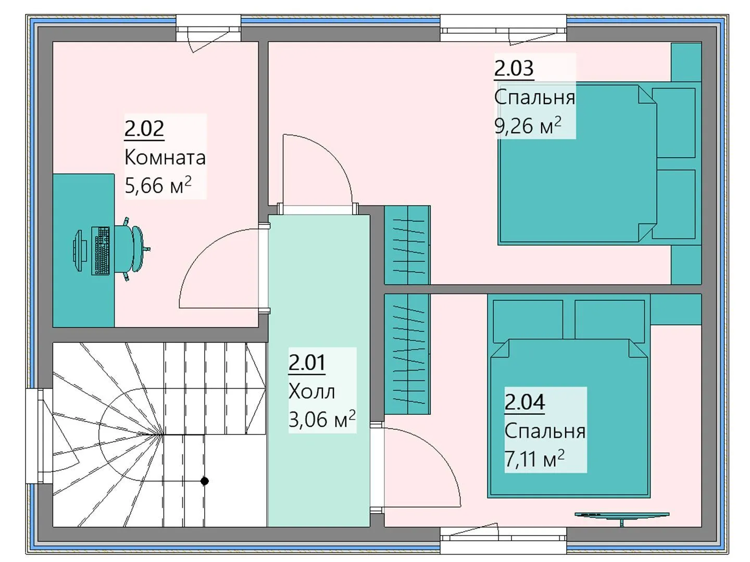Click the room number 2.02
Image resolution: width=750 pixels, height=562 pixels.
pyautogui.click(x=144, y=129)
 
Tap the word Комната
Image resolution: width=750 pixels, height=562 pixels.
pyautogui.click(x=165, y=157)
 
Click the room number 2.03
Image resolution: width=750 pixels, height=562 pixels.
pyautogui.click(x=514, y=68)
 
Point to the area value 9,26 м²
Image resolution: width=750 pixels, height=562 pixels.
pyautogui.click(x=528, y=125)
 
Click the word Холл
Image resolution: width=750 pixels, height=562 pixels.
pyautogui.click(x=311, y=391)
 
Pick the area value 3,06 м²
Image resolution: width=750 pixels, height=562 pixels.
pyautogui.click(x=322, y=419)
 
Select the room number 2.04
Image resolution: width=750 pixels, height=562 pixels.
pyautogui.click(x=524, y=402)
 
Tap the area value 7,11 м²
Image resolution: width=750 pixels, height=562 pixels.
pyautogui.click(x=534, y=458)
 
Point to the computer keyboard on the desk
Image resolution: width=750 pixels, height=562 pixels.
pyautogui.click(x=101, y=250)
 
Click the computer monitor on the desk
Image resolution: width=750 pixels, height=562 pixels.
pyautogui.click(x=78, y=251)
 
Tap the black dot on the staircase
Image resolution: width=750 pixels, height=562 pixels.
pyautogui.click(x=205, y=481)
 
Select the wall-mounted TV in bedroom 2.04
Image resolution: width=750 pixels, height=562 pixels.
pyautogui.click(x=622, y=515)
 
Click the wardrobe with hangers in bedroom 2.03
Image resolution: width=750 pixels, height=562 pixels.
pyautogui.click(x=407, y=245)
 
